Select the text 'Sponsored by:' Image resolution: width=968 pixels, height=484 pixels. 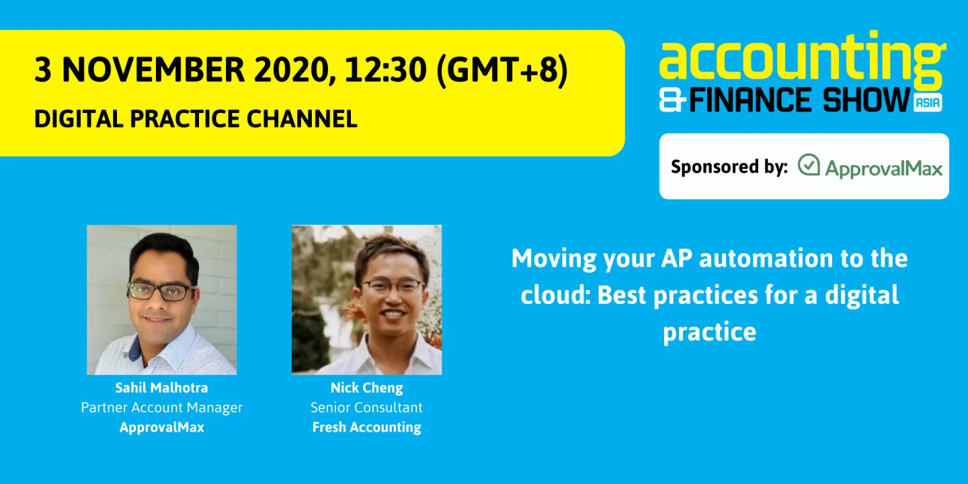pos(729,167)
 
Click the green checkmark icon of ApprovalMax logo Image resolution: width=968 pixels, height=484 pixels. pos(809,165)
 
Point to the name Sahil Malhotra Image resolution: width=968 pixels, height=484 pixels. pos(161,388)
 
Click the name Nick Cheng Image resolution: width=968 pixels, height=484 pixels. pos(366,388)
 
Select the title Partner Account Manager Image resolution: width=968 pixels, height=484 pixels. pos(161,407)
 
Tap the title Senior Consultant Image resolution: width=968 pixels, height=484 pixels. pos(366,407)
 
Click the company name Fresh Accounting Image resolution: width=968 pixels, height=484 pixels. pos(366,428)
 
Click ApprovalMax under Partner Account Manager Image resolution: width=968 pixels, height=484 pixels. pos(161,428)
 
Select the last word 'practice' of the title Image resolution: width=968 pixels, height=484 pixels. pos(709,332)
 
